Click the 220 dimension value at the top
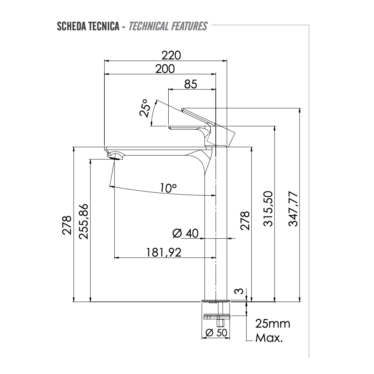[x=171, y=55]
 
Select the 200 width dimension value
[x=165, y=69]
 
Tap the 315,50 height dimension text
[x=268, y=209]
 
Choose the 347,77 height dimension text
[x=293, y=209]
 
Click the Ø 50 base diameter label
[x=217, y=332]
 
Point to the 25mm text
[x=273, y=324]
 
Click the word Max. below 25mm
[x=269, y=338]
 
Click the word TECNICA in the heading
[x=104, y=27]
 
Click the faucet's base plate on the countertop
[x=216, y=300]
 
